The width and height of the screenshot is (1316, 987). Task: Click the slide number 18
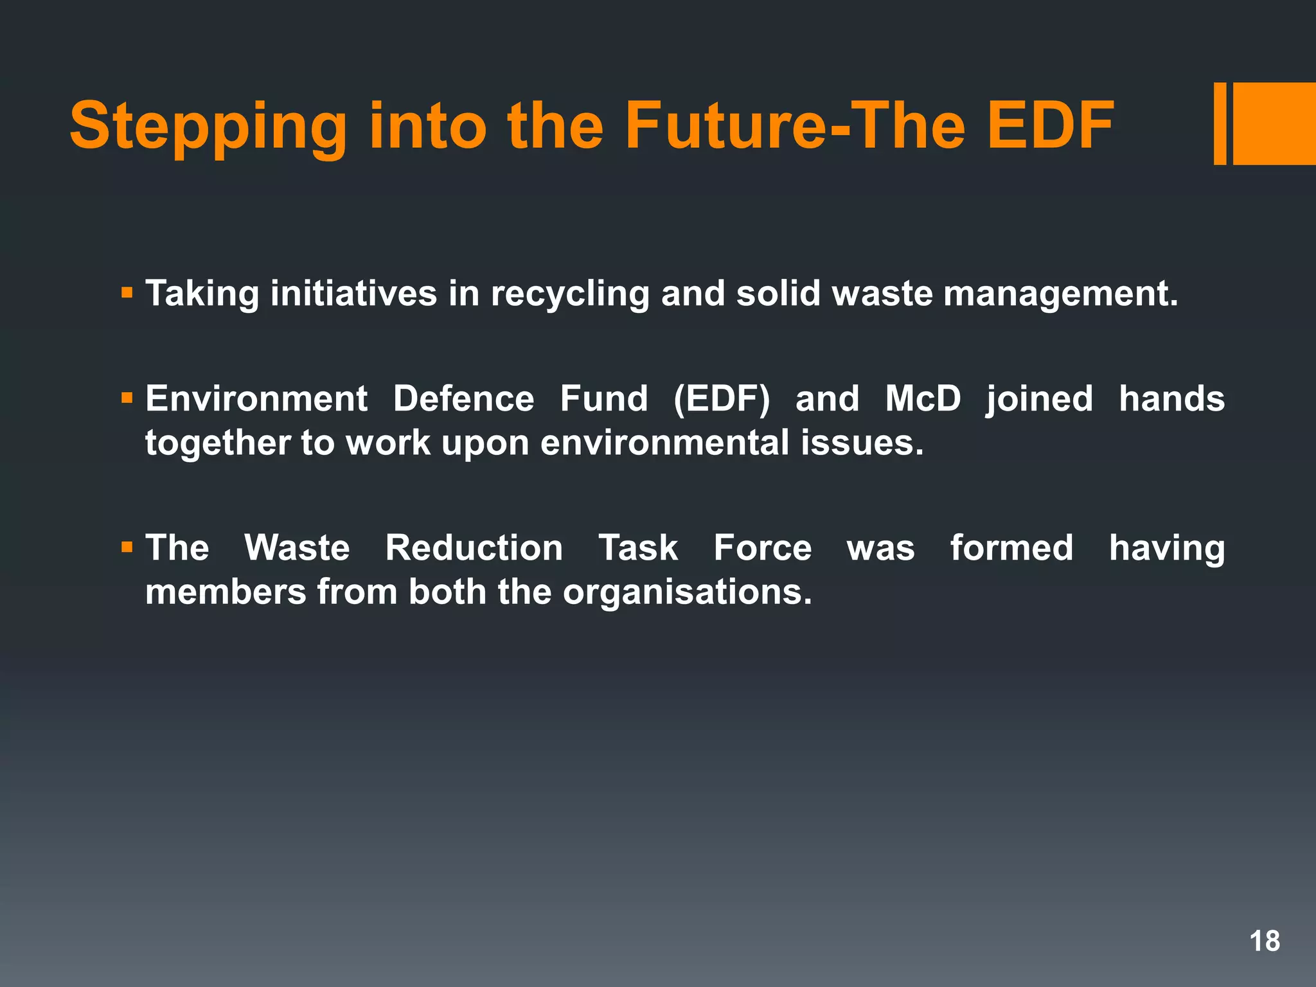click(x=1265, y=941)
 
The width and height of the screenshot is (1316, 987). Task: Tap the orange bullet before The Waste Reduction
click(x=127, y=548)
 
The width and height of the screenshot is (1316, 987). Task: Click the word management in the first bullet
click(x=1060, y=294)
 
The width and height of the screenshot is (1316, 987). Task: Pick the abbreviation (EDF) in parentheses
click(x=721, y=399)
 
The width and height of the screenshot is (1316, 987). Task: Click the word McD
click(x=923, y=399)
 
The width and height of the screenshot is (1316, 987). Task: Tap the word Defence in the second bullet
click(x=463, y=399)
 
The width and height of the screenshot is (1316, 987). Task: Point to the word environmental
click(x=664, y=443)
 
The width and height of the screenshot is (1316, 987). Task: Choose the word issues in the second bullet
click(x=862, y=443)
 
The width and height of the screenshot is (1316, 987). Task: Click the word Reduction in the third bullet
click(x=474, y=548)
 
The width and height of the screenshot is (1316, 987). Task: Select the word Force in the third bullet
click(x=763, y=548)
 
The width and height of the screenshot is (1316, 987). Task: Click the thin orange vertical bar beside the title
click(x=1220, y=124)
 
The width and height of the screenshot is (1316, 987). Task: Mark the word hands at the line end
click(x=1171, y=399)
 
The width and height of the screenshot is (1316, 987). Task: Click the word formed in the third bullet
click(x=1012, y=548)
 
